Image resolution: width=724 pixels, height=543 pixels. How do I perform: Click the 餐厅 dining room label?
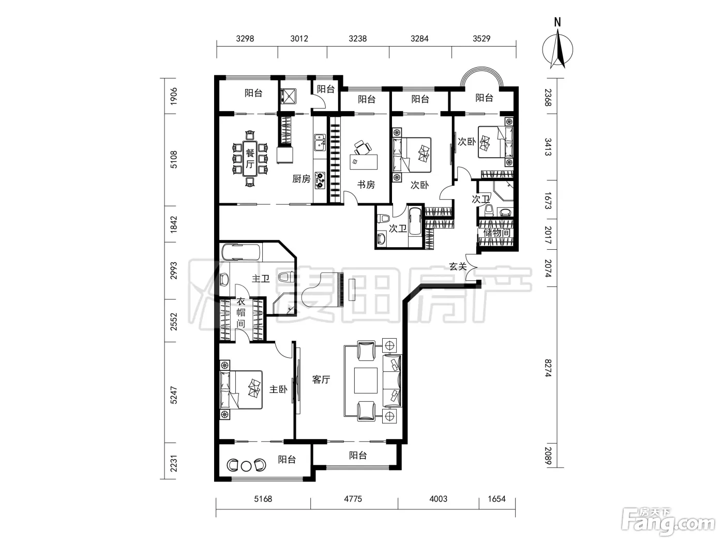tap(250, 159)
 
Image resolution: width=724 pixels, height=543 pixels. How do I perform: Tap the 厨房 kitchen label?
tap(301, 179)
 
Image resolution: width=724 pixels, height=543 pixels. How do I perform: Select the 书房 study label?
tap(366, 185)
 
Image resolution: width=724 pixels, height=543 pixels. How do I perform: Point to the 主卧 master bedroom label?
tap(278, 389)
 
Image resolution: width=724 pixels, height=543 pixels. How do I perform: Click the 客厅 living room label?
tap(321, 380)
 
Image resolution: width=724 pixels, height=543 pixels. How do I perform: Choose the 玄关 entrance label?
tap(458, 266)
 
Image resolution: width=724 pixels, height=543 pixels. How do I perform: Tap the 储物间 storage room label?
tap(497, 233)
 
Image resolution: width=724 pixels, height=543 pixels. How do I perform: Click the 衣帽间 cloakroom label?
tap(241, 312)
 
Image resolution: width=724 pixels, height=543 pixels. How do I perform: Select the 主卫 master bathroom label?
tap(261, 279)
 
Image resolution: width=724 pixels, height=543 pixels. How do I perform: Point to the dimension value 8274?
tap(548, 368)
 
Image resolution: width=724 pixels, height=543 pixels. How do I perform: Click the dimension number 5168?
tap(263, 499)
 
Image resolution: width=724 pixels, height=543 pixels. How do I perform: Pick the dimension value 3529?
tap(481, 39)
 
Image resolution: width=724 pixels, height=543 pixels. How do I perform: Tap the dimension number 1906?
tap(173, 96)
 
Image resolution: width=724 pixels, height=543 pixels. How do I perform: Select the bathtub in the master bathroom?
tap(241, 252)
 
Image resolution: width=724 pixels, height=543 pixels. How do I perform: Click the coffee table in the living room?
tap(366, 381)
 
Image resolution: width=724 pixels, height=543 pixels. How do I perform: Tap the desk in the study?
tap(364, 162)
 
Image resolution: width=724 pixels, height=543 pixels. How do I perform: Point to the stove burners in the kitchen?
tap(320, 180)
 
